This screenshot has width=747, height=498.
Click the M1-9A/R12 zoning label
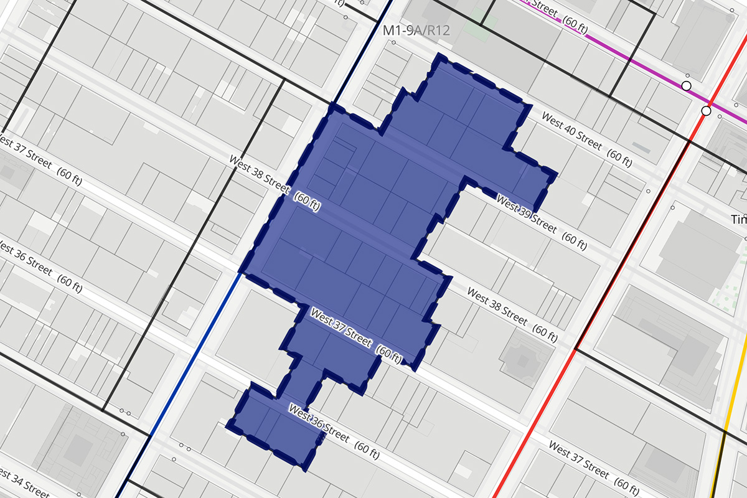(416, 30)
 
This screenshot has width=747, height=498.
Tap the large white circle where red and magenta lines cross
(706, 111)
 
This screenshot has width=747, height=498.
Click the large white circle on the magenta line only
(687, 86)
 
